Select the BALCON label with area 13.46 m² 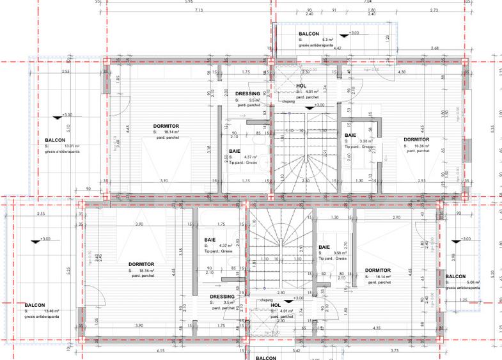(x=34, y=305)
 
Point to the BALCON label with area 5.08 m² (x=455, y=276)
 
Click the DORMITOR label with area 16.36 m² (x=416, y=139)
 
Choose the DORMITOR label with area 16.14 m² (x=378, y=270)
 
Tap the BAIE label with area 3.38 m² (x=350, y=136)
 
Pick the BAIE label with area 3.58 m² (x=324, y=247)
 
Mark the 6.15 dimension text (x=161, y=351)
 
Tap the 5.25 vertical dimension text (x=14, y=270)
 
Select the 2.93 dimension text (x=421, y=182)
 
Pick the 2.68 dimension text (x=435, y=48)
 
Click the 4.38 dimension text (x=402, y=72)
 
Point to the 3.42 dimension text (x=296, y=351)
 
